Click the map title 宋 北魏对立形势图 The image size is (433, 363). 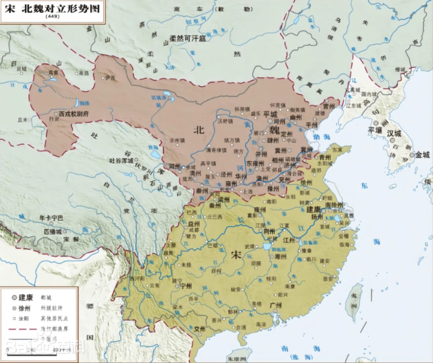53,8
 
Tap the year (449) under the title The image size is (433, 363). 52,16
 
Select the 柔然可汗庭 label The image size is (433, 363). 187,38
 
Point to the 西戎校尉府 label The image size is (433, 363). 73,114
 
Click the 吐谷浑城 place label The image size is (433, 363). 121,160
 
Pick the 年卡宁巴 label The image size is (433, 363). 51,218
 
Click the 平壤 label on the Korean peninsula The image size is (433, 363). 376,130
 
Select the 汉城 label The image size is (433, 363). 394,133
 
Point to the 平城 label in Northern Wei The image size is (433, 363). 270,114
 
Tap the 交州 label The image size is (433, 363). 199,329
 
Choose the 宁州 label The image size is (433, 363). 186,286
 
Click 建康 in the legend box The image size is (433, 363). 27,297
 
